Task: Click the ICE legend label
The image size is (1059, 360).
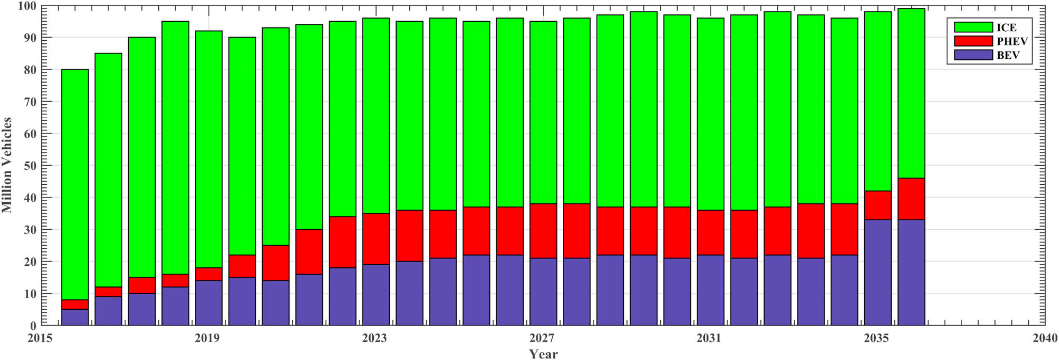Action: tap(1007, 28)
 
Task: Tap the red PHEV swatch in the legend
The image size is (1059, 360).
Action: tap(973, 41)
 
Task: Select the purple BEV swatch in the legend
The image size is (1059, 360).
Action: tap(973, 55)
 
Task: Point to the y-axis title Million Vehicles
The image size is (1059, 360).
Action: tap(7, 165)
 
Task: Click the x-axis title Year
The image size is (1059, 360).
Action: tap(543, 354)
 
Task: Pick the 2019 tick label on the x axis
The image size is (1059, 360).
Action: tap(207, 338)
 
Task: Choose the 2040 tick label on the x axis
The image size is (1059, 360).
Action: tap(1045, 338)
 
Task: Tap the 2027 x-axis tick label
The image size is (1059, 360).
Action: tap(542, 338)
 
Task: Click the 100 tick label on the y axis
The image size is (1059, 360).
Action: tap(26, 6)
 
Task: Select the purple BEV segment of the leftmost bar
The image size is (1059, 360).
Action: tap(75, 317)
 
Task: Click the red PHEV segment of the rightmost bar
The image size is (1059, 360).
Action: tap(911, 199)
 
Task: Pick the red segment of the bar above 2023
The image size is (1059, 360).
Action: tap(376, 239)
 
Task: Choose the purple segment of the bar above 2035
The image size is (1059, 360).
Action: tap(878, 273)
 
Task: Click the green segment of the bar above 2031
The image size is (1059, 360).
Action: tap(710, 114)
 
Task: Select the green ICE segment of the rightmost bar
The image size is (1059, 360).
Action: tap(911, 93)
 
